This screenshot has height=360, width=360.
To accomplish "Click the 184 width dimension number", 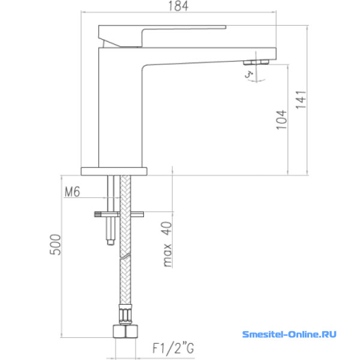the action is point(178,6).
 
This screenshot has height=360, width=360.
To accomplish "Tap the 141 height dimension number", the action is point(301,100).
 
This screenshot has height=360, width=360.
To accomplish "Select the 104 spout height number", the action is point(281,120).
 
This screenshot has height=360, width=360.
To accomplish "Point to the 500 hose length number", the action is point(56,245).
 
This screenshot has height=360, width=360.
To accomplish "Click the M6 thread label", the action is point(73,192).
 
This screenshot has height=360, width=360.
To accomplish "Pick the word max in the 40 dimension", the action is point(167,256).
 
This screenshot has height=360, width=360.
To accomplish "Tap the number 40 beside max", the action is point(167,228).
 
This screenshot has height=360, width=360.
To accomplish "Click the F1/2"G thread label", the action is point(173,349).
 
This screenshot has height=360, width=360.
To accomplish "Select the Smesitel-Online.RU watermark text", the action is point(289,334).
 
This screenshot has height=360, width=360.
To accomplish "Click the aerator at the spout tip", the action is point(256,62).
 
